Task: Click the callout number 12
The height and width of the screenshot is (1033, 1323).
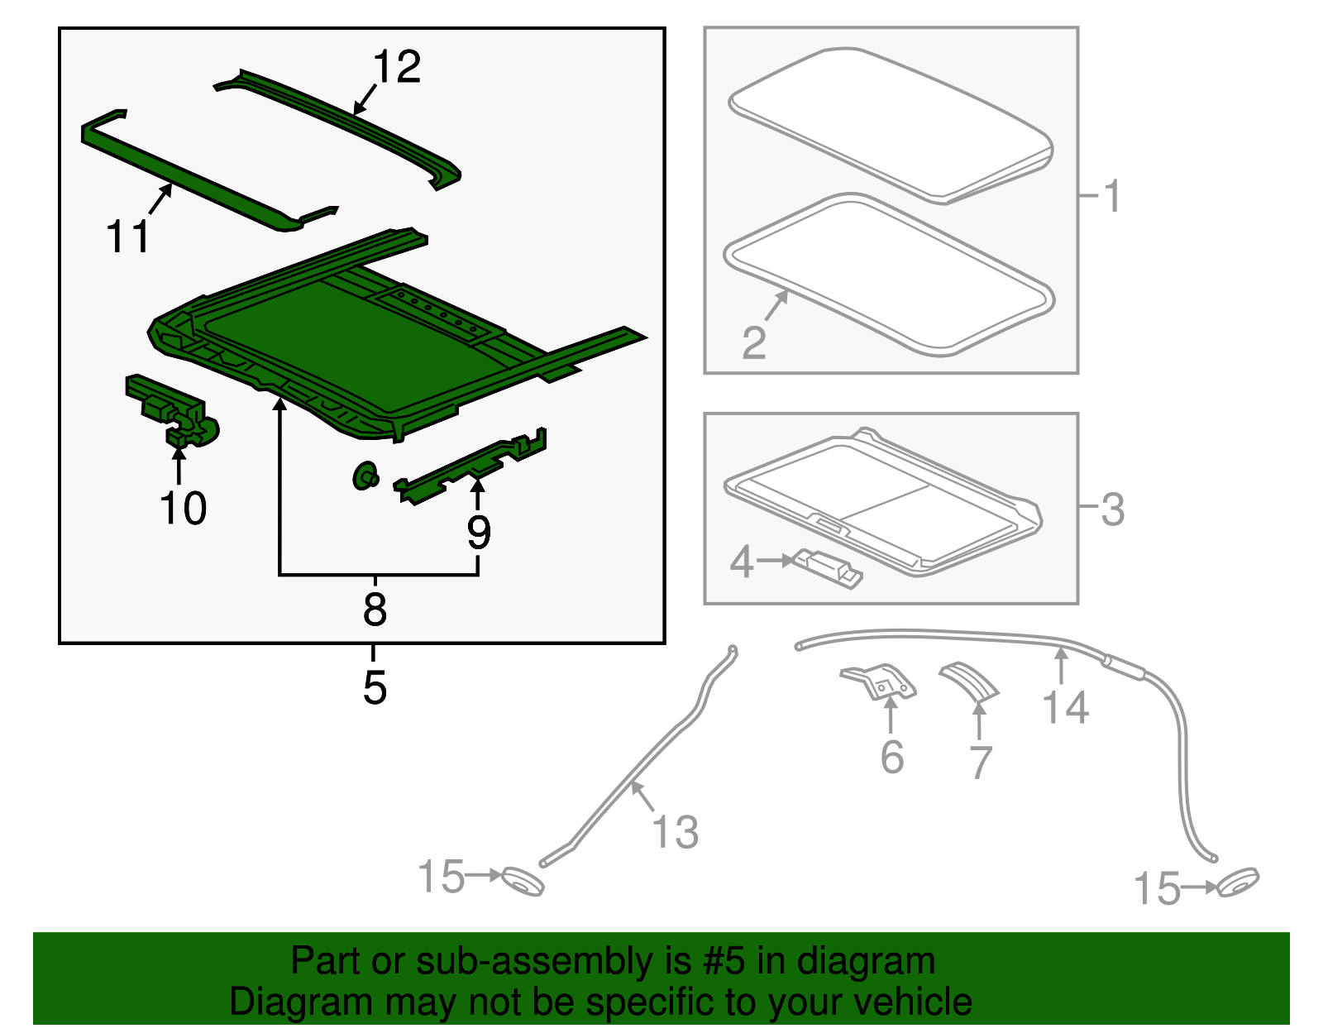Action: pos(397,67)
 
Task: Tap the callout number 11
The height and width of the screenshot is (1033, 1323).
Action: pos(128,237)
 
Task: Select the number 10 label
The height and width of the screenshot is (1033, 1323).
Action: pos(183,508)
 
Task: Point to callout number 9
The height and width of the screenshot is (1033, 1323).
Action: pos(479,533)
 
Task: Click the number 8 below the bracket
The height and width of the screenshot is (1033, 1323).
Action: pos(375,610)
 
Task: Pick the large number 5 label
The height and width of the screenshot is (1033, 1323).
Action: pos(375,687)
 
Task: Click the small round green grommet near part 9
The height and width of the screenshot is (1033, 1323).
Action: pos(365,476)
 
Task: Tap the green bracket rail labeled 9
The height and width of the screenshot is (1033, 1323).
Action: pos(471,468)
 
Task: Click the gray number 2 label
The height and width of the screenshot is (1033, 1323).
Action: pos(753,342)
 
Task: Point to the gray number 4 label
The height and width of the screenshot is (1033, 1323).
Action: pos(741,562)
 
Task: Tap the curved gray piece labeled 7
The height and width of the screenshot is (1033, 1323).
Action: pos(971,681)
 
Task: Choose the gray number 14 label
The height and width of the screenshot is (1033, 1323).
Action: pos(1065,708)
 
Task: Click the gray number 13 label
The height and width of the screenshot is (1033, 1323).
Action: pos(675,832)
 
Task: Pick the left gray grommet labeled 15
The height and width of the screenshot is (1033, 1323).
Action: pos(523,882)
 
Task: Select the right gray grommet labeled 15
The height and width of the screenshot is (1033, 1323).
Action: pos(1238,883)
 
